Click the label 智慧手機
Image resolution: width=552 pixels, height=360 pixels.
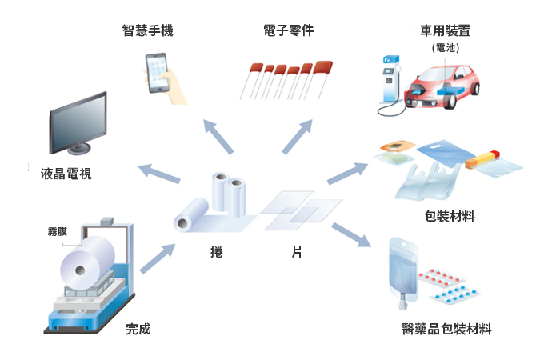click(x=148, y=31)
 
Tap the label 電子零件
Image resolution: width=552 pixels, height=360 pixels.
click(x=288, y=31)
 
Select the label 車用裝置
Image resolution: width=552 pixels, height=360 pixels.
click(x=445, y=31)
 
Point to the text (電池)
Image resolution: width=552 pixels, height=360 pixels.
click(x=445, y=48)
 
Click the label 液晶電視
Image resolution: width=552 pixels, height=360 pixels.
click(x=66, y=173)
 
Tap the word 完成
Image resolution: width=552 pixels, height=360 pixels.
click(x=138, y=329)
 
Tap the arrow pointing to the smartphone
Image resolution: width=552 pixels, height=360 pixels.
click(x=218, y=136)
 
